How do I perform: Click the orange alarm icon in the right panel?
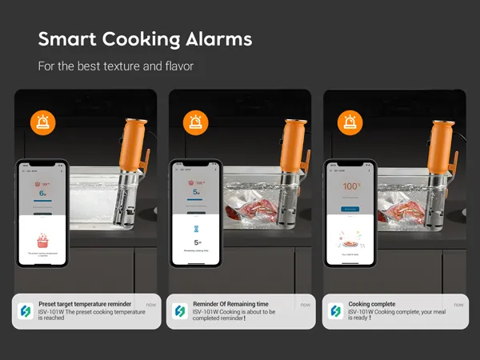point(350,122)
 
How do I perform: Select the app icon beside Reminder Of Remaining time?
point(179,311)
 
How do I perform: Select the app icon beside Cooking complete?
point(334,311)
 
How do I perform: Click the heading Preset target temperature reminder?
point(84,305)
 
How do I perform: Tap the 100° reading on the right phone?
point(350,186)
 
